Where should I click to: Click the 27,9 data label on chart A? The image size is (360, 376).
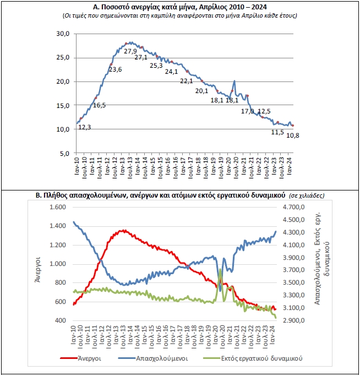coord(130,51)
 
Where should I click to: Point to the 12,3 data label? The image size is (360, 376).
coord(85,127)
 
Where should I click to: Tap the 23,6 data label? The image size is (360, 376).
coord(116,69)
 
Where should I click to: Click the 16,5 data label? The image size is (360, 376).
coord(99,105)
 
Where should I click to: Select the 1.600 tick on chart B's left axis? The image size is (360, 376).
coord(58,208)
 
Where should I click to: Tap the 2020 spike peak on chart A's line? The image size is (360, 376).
coord(235,81)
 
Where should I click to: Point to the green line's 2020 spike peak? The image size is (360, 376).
coord(221,269)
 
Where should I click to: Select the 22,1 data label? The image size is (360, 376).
coord(187,81)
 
